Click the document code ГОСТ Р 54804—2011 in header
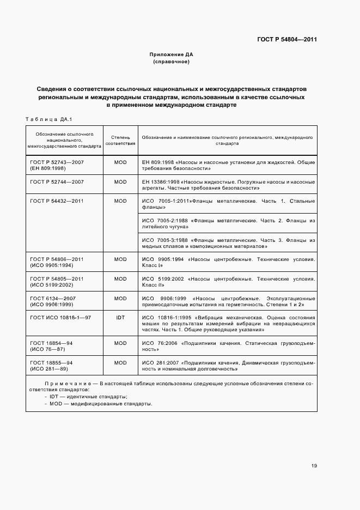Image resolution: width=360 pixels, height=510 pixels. pos(287,40)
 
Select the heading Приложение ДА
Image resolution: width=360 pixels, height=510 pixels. pos(171,54)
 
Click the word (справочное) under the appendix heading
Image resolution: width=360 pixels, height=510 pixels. pos(171,62)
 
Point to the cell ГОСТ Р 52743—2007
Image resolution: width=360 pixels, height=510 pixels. pos(57,162)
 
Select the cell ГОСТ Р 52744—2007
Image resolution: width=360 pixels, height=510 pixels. pos(57,181)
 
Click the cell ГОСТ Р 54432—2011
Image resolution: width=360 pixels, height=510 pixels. pos(57,201)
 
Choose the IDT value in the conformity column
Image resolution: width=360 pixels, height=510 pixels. pos(120,317)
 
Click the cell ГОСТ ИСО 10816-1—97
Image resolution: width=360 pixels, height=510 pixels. pos(60,317)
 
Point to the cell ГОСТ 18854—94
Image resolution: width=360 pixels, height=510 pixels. pos(52,343)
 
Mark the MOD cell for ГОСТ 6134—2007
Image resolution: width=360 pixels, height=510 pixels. pos(120,298)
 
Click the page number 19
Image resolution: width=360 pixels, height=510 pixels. pos(314,465)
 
